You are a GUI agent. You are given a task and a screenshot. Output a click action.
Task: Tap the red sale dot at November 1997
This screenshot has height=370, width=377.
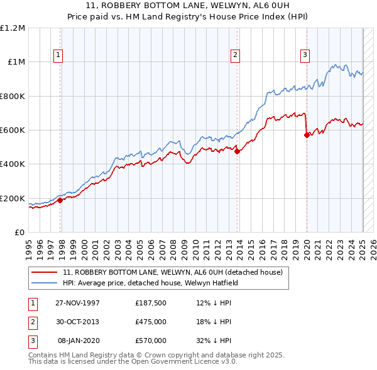pos(60,201)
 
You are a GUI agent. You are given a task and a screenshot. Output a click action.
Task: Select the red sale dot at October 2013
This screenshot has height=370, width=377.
pos(237,151)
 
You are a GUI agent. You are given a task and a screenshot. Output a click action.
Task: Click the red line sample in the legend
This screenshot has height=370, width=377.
pos(45,272)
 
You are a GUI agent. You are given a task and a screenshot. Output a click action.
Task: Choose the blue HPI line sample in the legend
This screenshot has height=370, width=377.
pos(45,283)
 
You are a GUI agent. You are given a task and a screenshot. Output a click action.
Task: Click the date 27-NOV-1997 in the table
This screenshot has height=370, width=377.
pos(78,302)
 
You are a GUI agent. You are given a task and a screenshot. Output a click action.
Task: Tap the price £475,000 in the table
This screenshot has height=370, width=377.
pos(151,322)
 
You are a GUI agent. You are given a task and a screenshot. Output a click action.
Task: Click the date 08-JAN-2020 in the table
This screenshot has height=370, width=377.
pos(78,341)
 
